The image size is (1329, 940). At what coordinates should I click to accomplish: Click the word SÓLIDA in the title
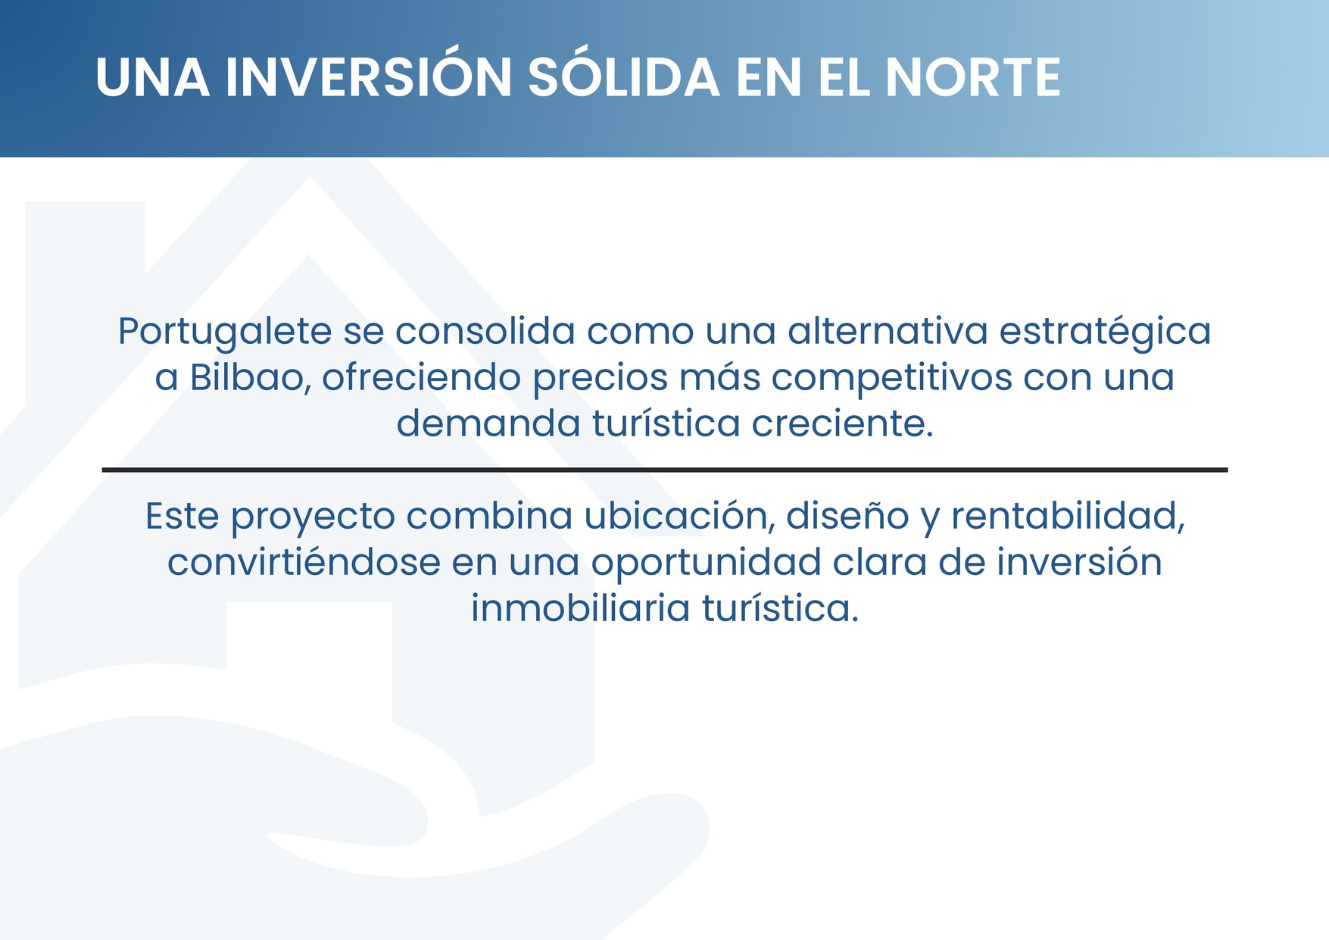point(623,77)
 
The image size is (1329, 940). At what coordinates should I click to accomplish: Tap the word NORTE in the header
point(972,77)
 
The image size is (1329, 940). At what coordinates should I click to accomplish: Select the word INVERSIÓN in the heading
point(369,77)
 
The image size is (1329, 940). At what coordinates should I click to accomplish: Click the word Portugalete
point(225,332)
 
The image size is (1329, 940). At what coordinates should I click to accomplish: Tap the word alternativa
point(888,332)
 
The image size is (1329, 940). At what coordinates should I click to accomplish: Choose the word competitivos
point(891,378)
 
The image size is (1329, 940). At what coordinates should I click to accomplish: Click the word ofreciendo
point(421,377)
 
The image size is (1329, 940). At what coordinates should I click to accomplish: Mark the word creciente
point(842,423)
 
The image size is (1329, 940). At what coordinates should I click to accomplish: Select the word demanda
point(488,423)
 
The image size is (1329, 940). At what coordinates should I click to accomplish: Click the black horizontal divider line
point(664,470)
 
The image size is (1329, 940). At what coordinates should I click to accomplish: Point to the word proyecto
point(313,517)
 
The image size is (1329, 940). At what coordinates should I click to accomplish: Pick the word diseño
point(847,517)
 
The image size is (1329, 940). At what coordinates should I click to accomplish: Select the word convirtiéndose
point(304,563)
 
